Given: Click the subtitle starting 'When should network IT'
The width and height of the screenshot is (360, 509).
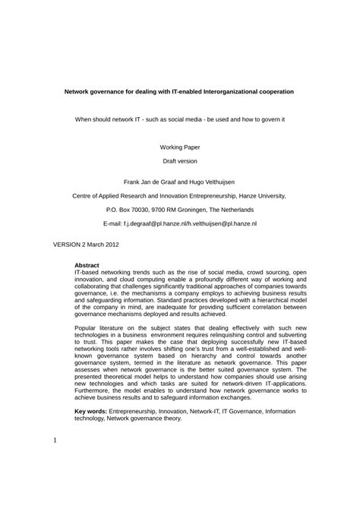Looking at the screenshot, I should [179, 119].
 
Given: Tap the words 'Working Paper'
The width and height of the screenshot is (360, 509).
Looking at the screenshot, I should [179, 147].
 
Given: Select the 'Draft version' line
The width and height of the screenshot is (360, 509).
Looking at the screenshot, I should [179, 162].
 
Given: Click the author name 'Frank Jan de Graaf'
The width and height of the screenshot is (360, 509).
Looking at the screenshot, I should [149, 182].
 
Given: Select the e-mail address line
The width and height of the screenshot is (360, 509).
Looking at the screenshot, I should [179, 225].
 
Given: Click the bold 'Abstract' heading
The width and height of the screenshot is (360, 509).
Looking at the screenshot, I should [87, 265].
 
